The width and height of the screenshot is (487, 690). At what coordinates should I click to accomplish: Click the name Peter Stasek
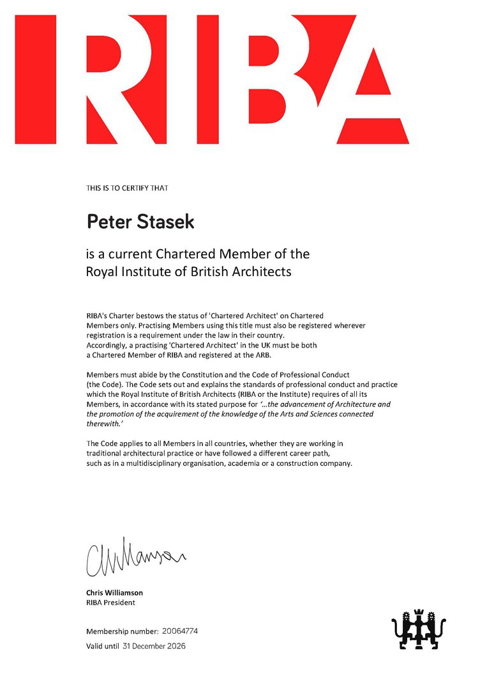coord(140,222)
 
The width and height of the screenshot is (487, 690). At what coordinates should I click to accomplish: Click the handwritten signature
coord(134,557)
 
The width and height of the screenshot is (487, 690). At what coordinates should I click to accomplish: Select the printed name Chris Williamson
coord(114,592)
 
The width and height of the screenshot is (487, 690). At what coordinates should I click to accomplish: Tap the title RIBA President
coord(110,602)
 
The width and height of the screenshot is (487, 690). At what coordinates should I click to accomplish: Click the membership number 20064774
coord(180,631)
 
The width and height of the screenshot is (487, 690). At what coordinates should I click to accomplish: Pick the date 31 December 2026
coord(154,647)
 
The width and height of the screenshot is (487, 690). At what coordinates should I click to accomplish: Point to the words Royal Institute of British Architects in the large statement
coord(188,272)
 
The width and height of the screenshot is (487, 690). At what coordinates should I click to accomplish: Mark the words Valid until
coord(102,647)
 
